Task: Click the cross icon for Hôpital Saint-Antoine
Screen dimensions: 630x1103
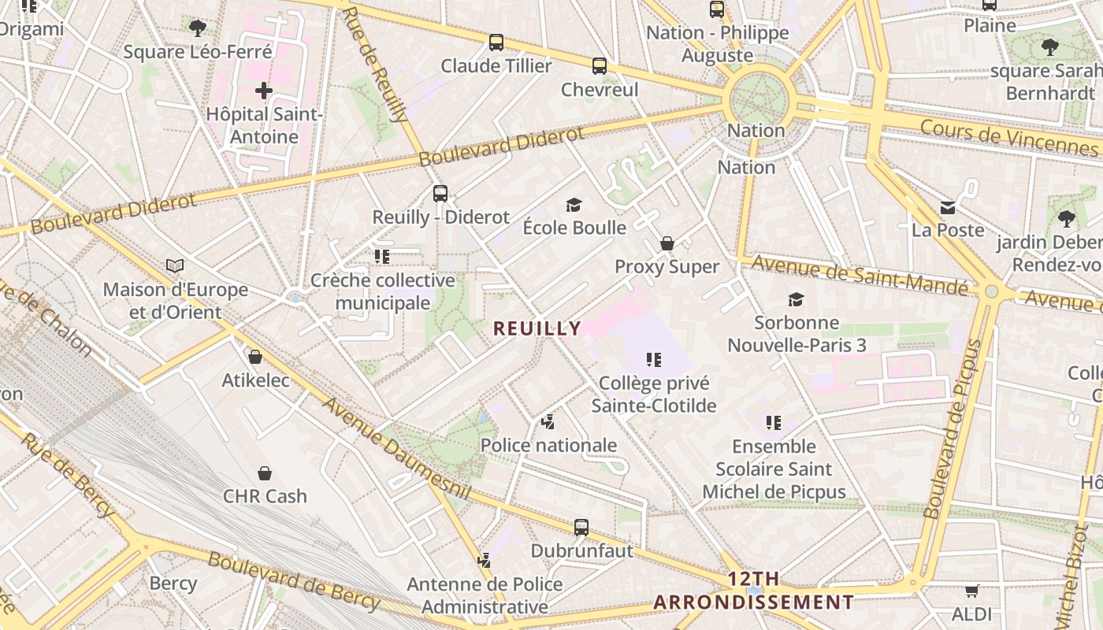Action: coord(264,91)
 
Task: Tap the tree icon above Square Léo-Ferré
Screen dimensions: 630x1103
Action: coord(197,28)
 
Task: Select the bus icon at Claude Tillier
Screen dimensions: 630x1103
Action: coord(496,43)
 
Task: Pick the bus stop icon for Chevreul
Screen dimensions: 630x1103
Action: coord(600,66)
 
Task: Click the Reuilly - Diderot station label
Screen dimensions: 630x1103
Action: coord(440,217)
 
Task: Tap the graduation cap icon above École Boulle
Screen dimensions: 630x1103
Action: coord(574,206)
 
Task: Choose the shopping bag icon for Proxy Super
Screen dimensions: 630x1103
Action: coord(667,243)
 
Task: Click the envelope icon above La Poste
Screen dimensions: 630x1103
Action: coord(948,208)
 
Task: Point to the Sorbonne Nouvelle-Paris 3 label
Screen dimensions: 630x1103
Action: coord(796,334)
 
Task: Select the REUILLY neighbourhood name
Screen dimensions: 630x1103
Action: coord(537,328)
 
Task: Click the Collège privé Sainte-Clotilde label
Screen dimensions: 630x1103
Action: coord(654,395)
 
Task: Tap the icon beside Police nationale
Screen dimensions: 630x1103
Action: coord(548,423)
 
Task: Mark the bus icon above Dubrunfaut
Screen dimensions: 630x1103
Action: coord(581,528)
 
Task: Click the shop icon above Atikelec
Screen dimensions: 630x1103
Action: coord(255,358)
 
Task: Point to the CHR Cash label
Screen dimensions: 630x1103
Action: coord(265,496)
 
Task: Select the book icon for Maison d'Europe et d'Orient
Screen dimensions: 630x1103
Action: coord(175,266)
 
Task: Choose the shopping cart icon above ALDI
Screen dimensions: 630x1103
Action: coord(971,591)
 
